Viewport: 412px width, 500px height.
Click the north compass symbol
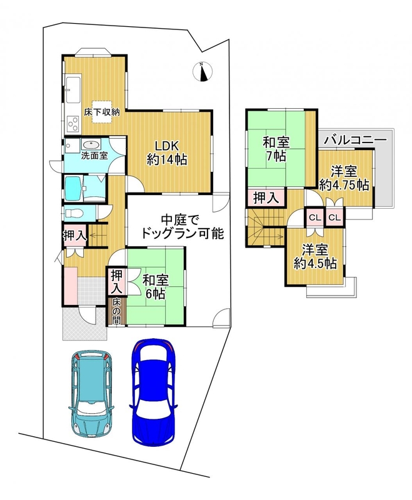[x=203, y=71]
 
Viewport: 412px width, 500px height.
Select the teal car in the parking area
[x=91, y=394]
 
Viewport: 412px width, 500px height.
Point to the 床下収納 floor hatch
[x=102, y=112]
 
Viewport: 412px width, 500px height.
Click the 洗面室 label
[x=94, y=156]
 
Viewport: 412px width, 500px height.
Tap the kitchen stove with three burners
[x=73, y=123]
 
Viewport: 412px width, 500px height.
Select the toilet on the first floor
[x=74, y=213]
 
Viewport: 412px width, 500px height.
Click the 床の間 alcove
[x=116, y=311]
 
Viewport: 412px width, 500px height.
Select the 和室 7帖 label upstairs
[x=276, y=149]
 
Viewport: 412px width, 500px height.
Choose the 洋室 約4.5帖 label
[x=315, y=257]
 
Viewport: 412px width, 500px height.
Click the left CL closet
[x=315, y=217]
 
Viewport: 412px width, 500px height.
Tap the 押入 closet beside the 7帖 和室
[x=266, y=197]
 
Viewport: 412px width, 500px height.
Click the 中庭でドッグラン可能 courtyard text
[x=182, y=227]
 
